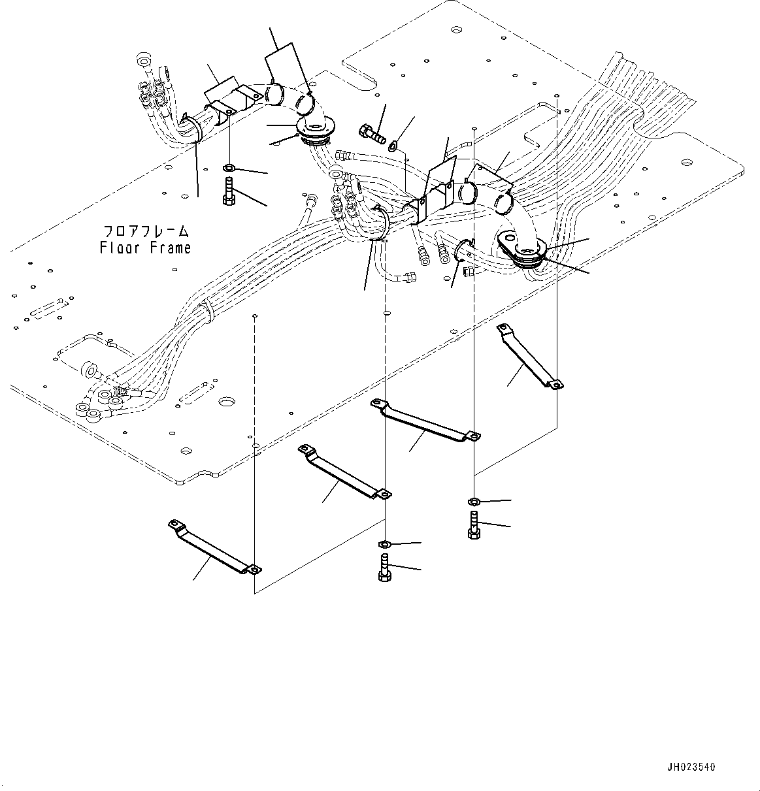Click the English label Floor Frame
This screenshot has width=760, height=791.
(x=145, y=248)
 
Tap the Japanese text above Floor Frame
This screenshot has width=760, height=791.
(x=146, y=231)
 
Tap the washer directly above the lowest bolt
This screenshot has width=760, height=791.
(x=385, y=543)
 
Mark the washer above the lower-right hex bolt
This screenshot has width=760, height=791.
(x=474, y=502)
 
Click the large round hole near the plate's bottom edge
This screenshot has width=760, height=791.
(x=227, y=400)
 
